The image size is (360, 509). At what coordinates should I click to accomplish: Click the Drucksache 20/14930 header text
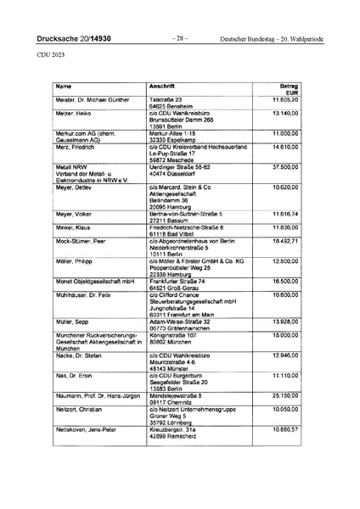[74, 39]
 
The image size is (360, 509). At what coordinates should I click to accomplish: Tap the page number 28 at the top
[179, 39]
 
